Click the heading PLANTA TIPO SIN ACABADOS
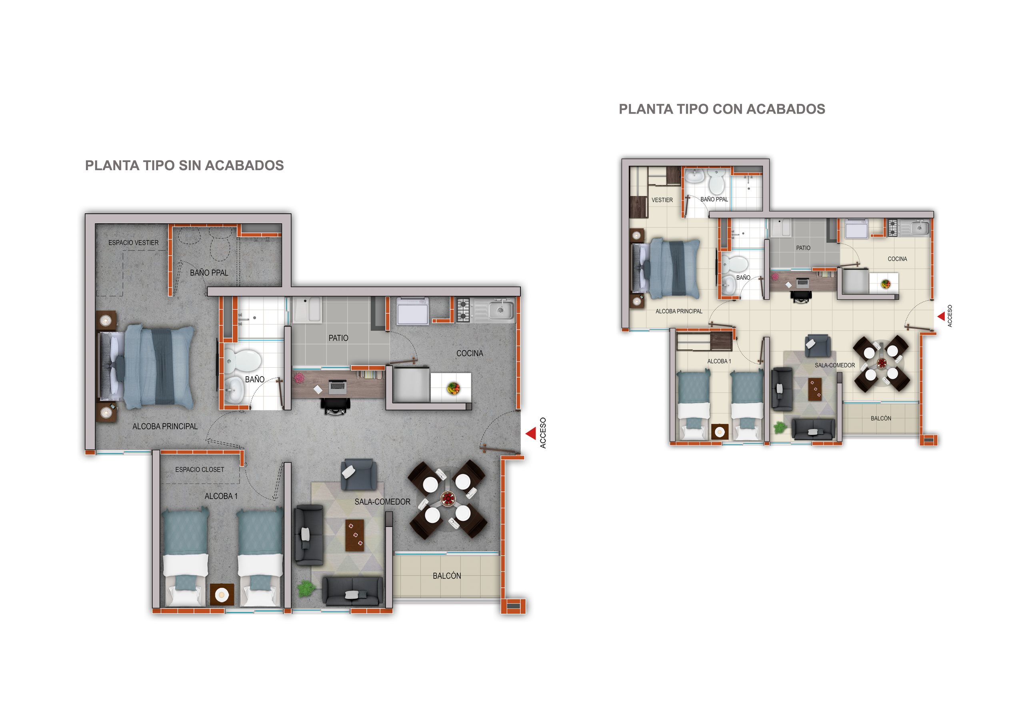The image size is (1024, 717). click(x=184, y=166)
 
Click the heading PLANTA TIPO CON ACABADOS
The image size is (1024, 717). click(x=722, y=109)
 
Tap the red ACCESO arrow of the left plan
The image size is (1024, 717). click(x=530, y=433)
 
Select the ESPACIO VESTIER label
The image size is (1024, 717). click(x=133, y=243)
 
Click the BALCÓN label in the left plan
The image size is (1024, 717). click(x=446, y=576)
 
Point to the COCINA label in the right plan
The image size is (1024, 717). click(x=897, y=259)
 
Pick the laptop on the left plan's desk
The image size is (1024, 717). click(x=337, y=386)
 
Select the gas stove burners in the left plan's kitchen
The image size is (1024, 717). click(x=463, y=310)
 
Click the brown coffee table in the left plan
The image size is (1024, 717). click(x=354, y=535)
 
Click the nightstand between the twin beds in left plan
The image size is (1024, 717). click(x=222, y=594)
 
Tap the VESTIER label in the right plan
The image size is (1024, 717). click(x=662, y=200)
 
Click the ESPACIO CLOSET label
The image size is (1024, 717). click(x=199, y=469)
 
